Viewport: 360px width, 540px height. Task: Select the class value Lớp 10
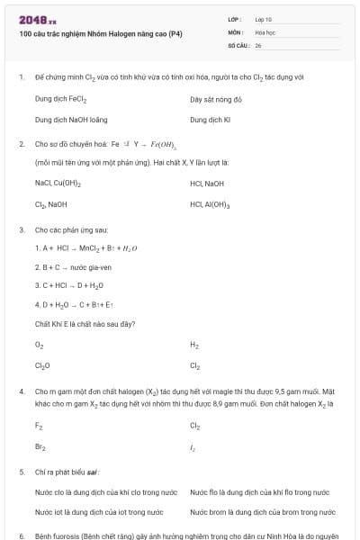(264, 19)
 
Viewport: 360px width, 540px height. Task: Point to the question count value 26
(258, 44)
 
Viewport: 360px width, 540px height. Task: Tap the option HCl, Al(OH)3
(211, 204)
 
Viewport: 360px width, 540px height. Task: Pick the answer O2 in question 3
(39, 345)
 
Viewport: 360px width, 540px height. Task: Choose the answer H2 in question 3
(194, 345)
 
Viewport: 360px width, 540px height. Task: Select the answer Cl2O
(42, 365)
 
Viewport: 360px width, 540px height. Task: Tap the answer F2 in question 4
(39, 426)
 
